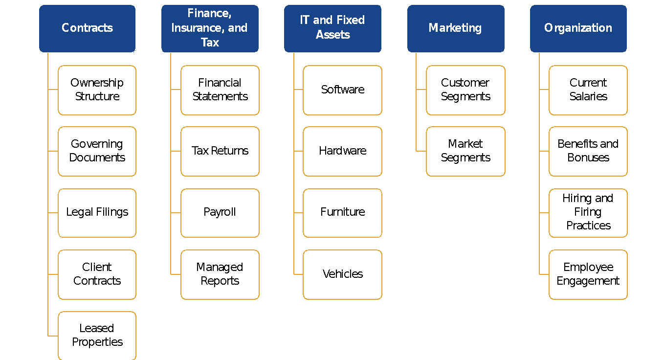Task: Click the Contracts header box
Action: click(x=87, y=28)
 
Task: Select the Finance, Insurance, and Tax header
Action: click(x=210, y=28)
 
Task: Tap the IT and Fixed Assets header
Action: click(x=332, y=28)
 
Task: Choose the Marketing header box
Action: click(x=455, y=28)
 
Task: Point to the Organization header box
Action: click(x=578, y=28)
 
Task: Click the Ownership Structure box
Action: click(x=97, y=90)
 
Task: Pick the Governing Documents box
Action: click(x=97, y=151)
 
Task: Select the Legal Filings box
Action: click(x=97, y=213)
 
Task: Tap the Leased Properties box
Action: click(x=97, y=336)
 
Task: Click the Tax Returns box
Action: click(x=220, y=151)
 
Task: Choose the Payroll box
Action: click(x=220, y=213)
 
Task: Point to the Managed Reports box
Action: click(x=220, y=274)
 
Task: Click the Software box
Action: click(x=342, y=90)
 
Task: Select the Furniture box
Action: click(x=342, y=213)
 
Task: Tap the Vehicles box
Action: click(x=342, y=274)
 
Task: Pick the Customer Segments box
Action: click(x=465, y=90)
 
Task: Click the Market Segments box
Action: click(x=465, y=151)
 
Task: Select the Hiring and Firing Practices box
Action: click(x=588, y=213)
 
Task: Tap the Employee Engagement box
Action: click(x=588, y=274)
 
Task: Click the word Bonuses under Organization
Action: click(x=588, y=158)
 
